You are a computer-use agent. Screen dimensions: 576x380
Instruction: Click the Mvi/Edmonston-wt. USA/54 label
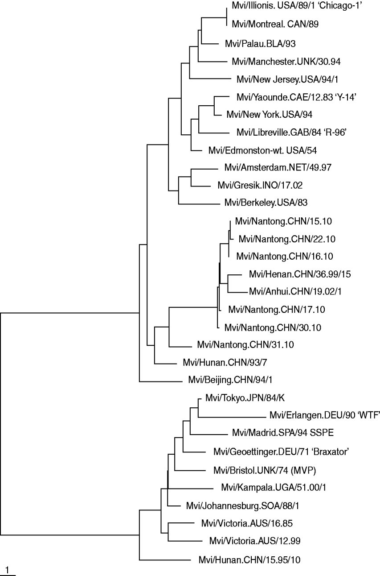tap(262, 149)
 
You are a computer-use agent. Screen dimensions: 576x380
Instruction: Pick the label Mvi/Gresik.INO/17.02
tap(255, 185)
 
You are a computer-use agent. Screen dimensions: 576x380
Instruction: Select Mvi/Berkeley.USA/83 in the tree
tap(260, 203)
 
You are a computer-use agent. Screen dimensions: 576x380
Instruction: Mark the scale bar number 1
tap(8, 569)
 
